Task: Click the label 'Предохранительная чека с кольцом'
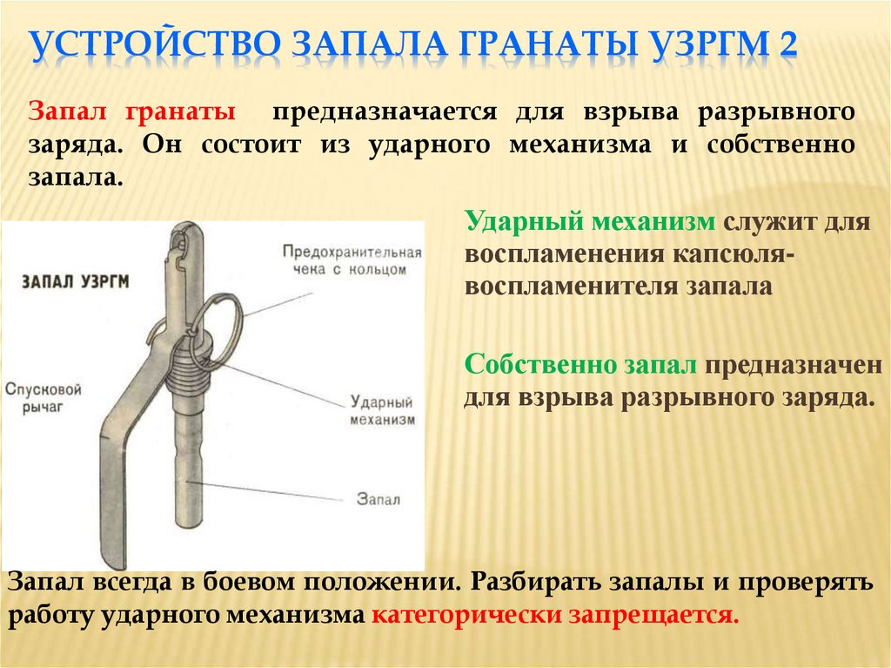352,260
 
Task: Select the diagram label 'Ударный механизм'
380,410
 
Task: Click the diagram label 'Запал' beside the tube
379,498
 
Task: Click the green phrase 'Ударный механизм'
590,223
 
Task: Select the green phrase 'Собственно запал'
580,365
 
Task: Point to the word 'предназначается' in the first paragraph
384,113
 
